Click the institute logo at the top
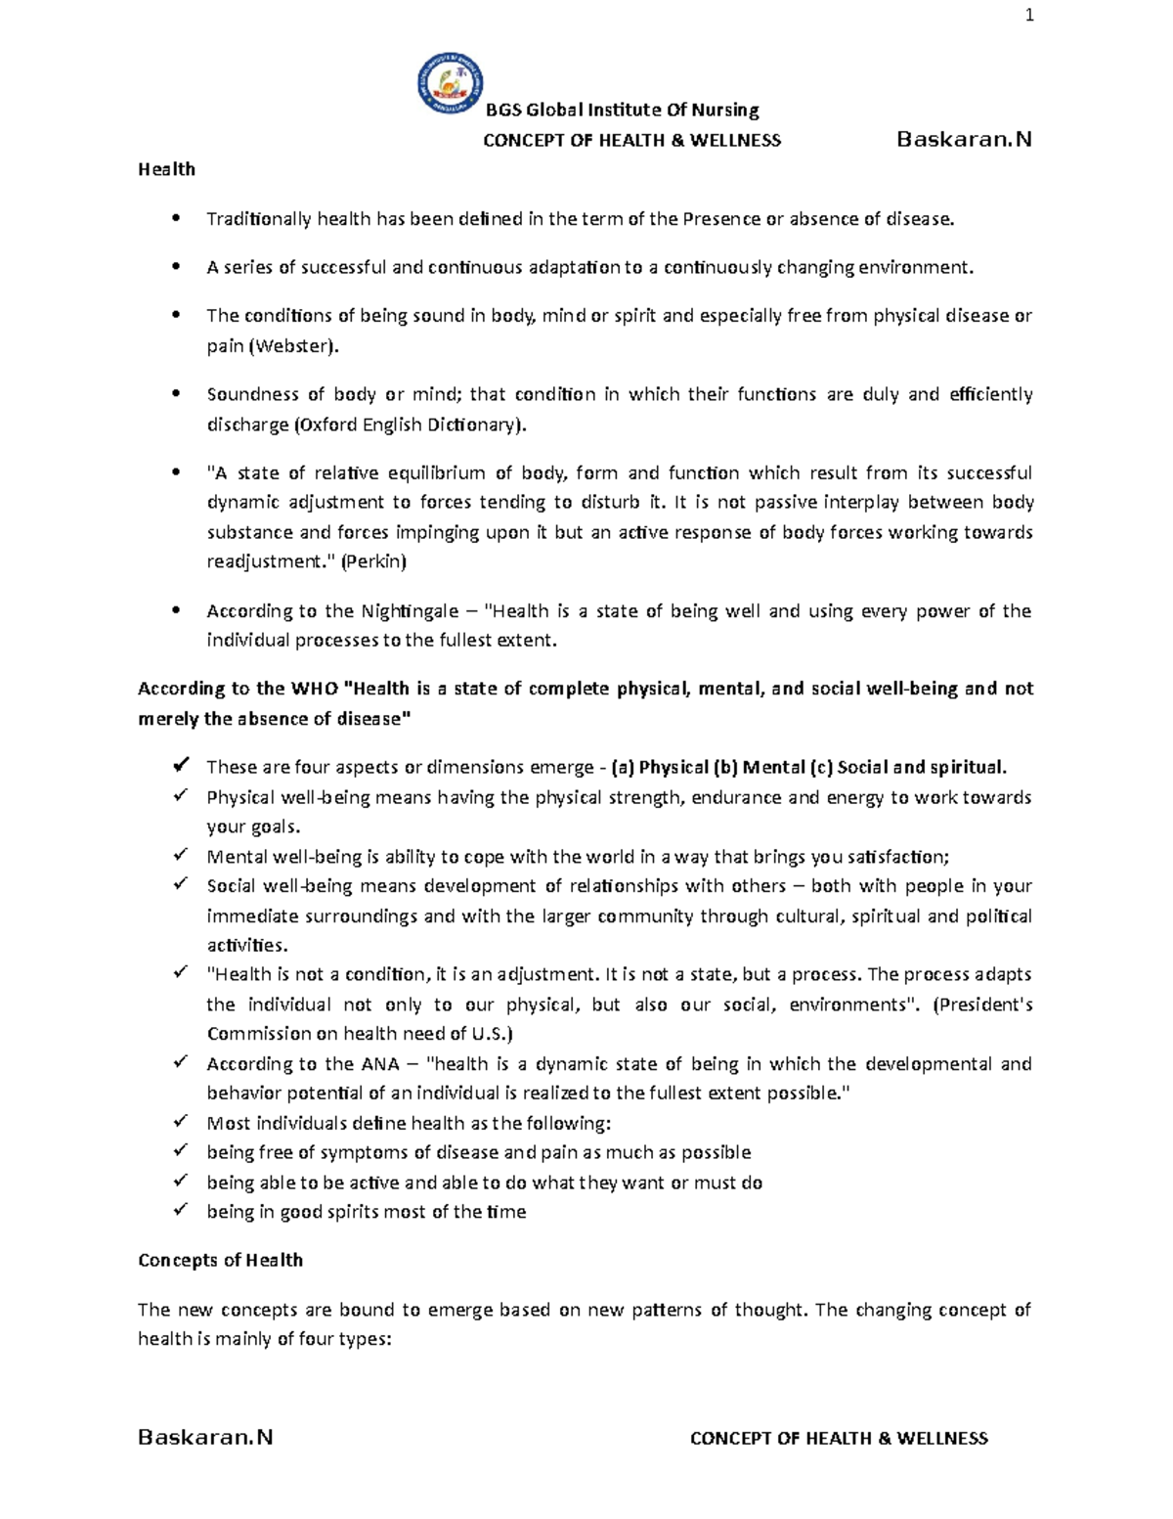(450, 82)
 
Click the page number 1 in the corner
(1028, 15)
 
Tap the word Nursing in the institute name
(725, 110)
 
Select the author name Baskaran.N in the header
(964, 139)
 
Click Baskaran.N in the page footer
(205, 1437)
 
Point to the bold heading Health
(166, 169)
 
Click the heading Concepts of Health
(220, 1260)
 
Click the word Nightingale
(410, 611)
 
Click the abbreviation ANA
(380, 1063)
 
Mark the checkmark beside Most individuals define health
(180, 1122)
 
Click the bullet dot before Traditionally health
(176, 218)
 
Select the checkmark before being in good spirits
(180, 1210)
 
